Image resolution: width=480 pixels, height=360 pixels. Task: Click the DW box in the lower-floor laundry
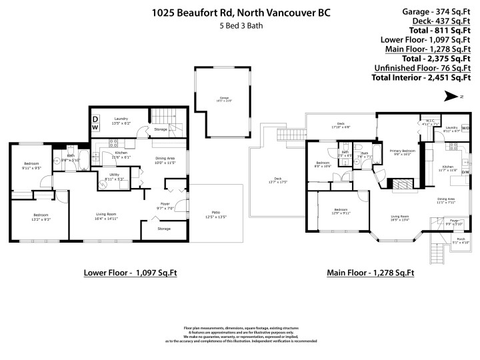click(95, 123)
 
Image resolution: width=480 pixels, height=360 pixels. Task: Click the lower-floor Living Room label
click(108, 216)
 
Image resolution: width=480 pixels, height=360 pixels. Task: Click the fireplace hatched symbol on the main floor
click(400, 184)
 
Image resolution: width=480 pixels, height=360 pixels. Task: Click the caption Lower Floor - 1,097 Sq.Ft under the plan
click(130, 273)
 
